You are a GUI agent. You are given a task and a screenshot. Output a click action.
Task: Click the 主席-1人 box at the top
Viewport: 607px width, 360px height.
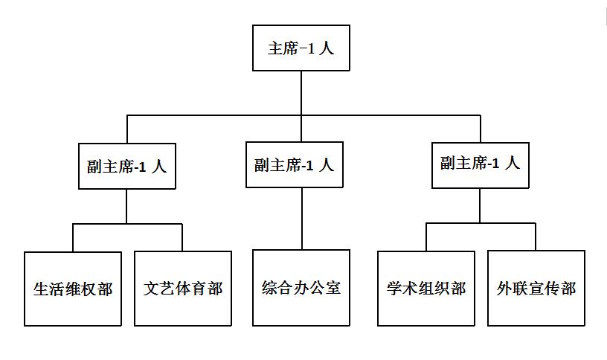click(301, 48)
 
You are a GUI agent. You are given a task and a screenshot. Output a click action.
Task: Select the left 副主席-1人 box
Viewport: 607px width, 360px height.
click(126, 166)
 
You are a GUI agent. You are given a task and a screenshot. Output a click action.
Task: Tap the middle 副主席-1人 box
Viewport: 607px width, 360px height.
click(295, 164)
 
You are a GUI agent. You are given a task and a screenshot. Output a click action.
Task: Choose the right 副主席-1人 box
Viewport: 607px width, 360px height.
click(480, 165)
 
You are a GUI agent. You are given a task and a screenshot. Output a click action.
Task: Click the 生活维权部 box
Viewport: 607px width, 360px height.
click(73, 289)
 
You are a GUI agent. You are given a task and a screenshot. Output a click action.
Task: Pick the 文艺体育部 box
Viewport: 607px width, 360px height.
click(183, 289)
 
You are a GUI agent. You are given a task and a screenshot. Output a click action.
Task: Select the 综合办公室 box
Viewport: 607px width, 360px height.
click(301, 288)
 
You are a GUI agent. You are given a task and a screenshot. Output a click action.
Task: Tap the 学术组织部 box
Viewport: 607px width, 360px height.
click(426, 289)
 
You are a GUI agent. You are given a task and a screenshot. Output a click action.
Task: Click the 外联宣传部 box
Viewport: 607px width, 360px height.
click(536, 289)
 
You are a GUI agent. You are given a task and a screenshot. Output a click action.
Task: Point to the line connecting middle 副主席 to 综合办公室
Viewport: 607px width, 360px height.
click(302, 219)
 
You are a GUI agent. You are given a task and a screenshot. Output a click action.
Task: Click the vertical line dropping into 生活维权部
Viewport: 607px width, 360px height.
click(73, 237)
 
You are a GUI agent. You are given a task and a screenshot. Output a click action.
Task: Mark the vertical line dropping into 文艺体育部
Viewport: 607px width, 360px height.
click(183, 237)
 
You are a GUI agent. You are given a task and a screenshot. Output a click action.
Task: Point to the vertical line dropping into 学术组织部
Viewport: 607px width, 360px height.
click(426, 237)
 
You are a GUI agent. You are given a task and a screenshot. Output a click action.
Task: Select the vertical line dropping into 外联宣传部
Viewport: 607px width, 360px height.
click(536, 237)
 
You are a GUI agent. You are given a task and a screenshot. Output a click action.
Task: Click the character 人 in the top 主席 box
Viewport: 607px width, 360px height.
click(327, 48)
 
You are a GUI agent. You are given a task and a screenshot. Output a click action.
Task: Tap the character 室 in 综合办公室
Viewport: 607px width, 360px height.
click(333, 288)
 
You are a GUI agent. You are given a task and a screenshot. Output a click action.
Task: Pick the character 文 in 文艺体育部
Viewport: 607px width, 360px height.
click(151, 289)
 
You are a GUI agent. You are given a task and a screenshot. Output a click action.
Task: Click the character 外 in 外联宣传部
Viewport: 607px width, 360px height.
click(504, 289)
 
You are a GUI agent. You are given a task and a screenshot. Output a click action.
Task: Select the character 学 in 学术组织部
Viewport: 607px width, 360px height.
click(395, 289)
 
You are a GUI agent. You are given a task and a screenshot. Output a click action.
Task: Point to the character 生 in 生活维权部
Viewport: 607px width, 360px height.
click(42, 289)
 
